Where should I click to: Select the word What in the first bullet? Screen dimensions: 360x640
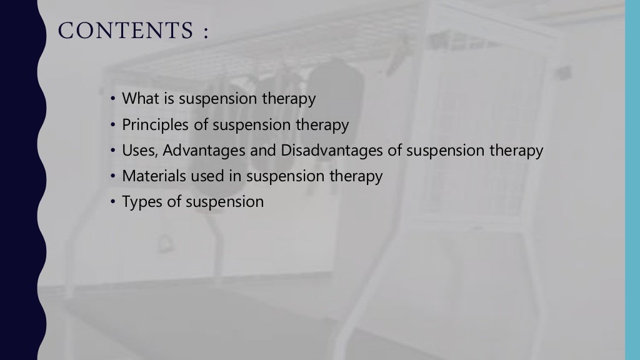tap(139, 99)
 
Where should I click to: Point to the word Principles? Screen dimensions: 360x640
tap(156, 125)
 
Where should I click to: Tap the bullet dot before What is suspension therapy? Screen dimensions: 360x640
tap(112, 99)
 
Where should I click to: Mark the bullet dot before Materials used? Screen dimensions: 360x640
tap(112, 177)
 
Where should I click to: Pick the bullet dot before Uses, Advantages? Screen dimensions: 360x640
tap(112, 151)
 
